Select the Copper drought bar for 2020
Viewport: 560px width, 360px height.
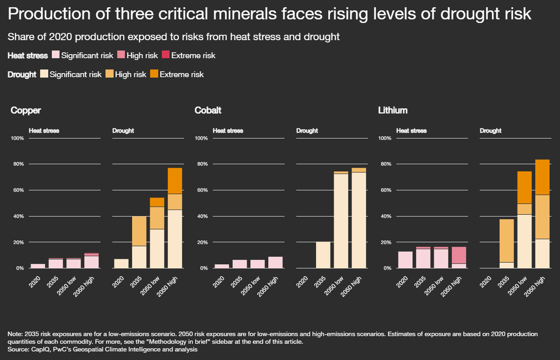(x=121, y=263)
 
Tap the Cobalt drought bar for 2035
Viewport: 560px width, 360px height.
(x=323, y=255)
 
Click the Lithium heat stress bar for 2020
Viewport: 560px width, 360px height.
(x=405, y=260)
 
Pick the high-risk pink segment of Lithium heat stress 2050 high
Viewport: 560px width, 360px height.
(x=459, y=255)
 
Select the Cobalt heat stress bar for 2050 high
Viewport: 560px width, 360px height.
(x=275, y=262)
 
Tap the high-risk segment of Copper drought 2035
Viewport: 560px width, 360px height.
(x=139, y=231)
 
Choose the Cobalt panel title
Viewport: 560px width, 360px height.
(x=208, y=111)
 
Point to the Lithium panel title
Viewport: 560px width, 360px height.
(x=392, y=111)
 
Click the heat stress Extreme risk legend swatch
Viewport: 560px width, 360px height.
(x=165, y=56)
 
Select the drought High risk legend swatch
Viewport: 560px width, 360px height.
(x=109, y=74)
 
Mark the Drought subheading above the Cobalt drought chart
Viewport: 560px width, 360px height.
(x=307, y=131)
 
